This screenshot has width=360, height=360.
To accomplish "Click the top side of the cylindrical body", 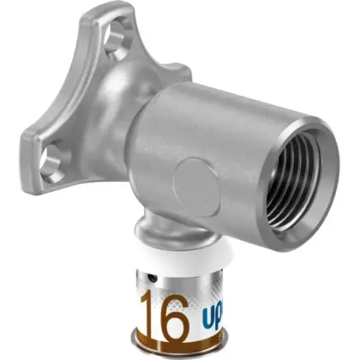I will click(231, 103).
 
